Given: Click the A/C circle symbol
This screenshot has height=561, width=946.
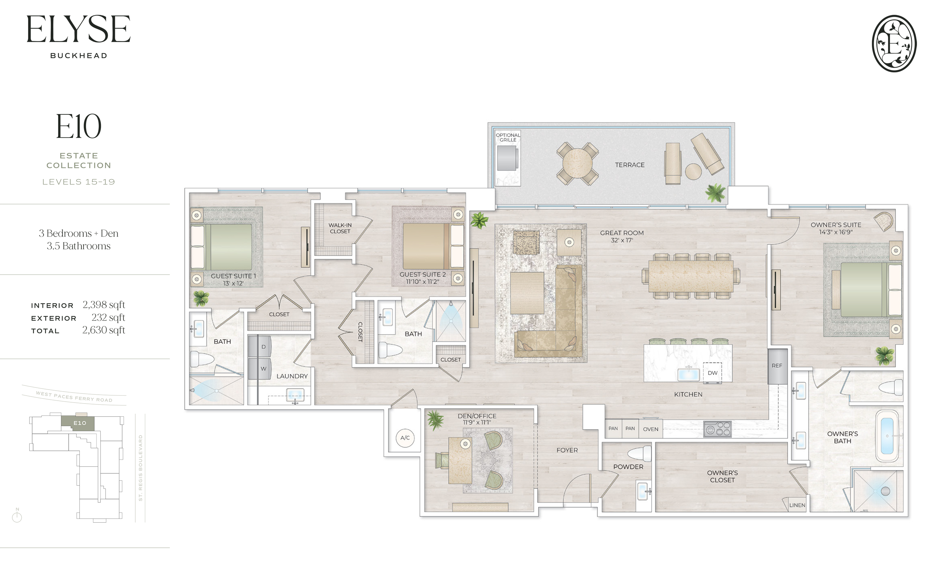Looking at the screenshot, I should tap(405, 438).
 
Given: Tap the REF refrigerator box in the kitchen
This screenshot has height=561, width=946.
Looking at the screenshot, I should tap(777, 366).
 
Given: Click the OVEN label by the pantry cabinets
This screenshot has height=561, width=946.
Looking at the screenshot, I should tap(651, 429).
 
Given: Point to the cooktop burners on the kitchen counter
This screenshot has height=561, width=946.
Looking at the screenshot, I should tap(717, 429).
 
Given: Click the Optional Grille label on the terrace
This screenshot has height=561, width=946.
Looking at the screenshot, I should tap(508, 137).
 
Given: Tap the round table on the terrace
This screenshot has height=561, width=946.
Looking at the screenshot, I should tap(577, 163).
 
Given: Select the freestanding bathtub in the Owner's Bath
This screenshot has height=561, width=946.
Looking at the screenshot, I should tap(887, 436).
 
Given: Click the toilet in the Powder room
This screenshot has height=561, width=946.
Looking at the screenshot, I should tap(639, 453).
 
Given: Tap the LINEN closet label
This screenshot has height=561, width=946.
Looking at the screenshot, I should tap(797, 505).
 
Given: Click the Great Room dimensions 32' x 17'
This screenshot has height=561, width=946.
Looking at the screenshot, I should tap(622, 240).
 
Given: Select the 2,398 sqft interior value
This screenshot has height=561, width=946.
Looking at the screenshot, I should tap(104, 305).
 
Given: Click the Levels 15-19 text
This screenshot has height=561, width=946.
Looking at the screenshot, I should tap(79, 182).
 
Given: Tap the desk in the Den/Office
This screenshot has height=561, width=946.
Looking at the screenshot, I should tap(460, 461).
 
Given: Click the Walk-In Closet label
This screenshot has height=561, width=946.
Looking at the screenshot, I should tap(340, 228).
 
